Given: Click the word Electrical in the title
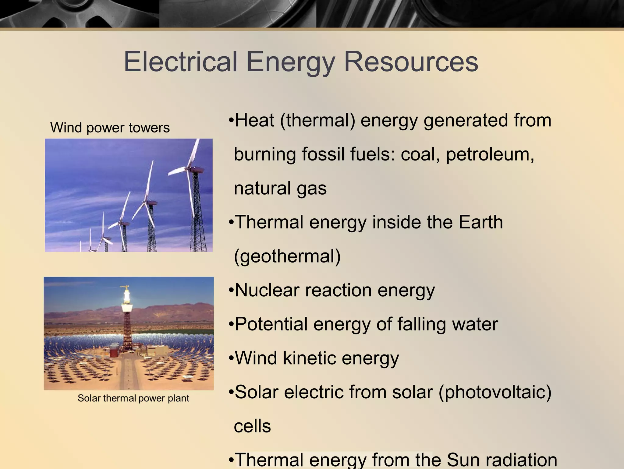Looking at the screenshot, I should click(x=180, y=62).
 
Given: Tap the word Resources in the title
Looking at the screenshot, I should click(x=411, y=62).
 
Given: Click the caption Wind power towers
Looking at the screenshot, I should click(x=110, y=128).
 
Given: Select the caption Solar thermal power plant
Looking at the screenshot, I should click(x=133, y=398).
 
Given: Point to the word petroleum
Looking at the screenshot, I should click(x=490, y=154).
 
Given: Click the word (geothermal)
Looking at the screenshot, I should click(x=287, y=256).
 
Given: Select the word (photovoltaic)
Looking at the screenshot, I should click(x=495, y=392).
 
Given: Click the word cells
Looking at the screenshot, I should click(x=252, y=426).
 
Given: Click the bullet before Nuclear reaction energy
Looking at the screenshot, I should click(x=231, y=291).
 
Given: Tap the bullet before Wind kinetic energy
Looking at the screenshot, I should click(x=231, y=358).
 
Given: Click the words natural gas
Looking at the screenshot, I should click(x=280, y=188).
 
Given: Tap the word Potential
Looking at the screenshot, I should click(x=271, y=324).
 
